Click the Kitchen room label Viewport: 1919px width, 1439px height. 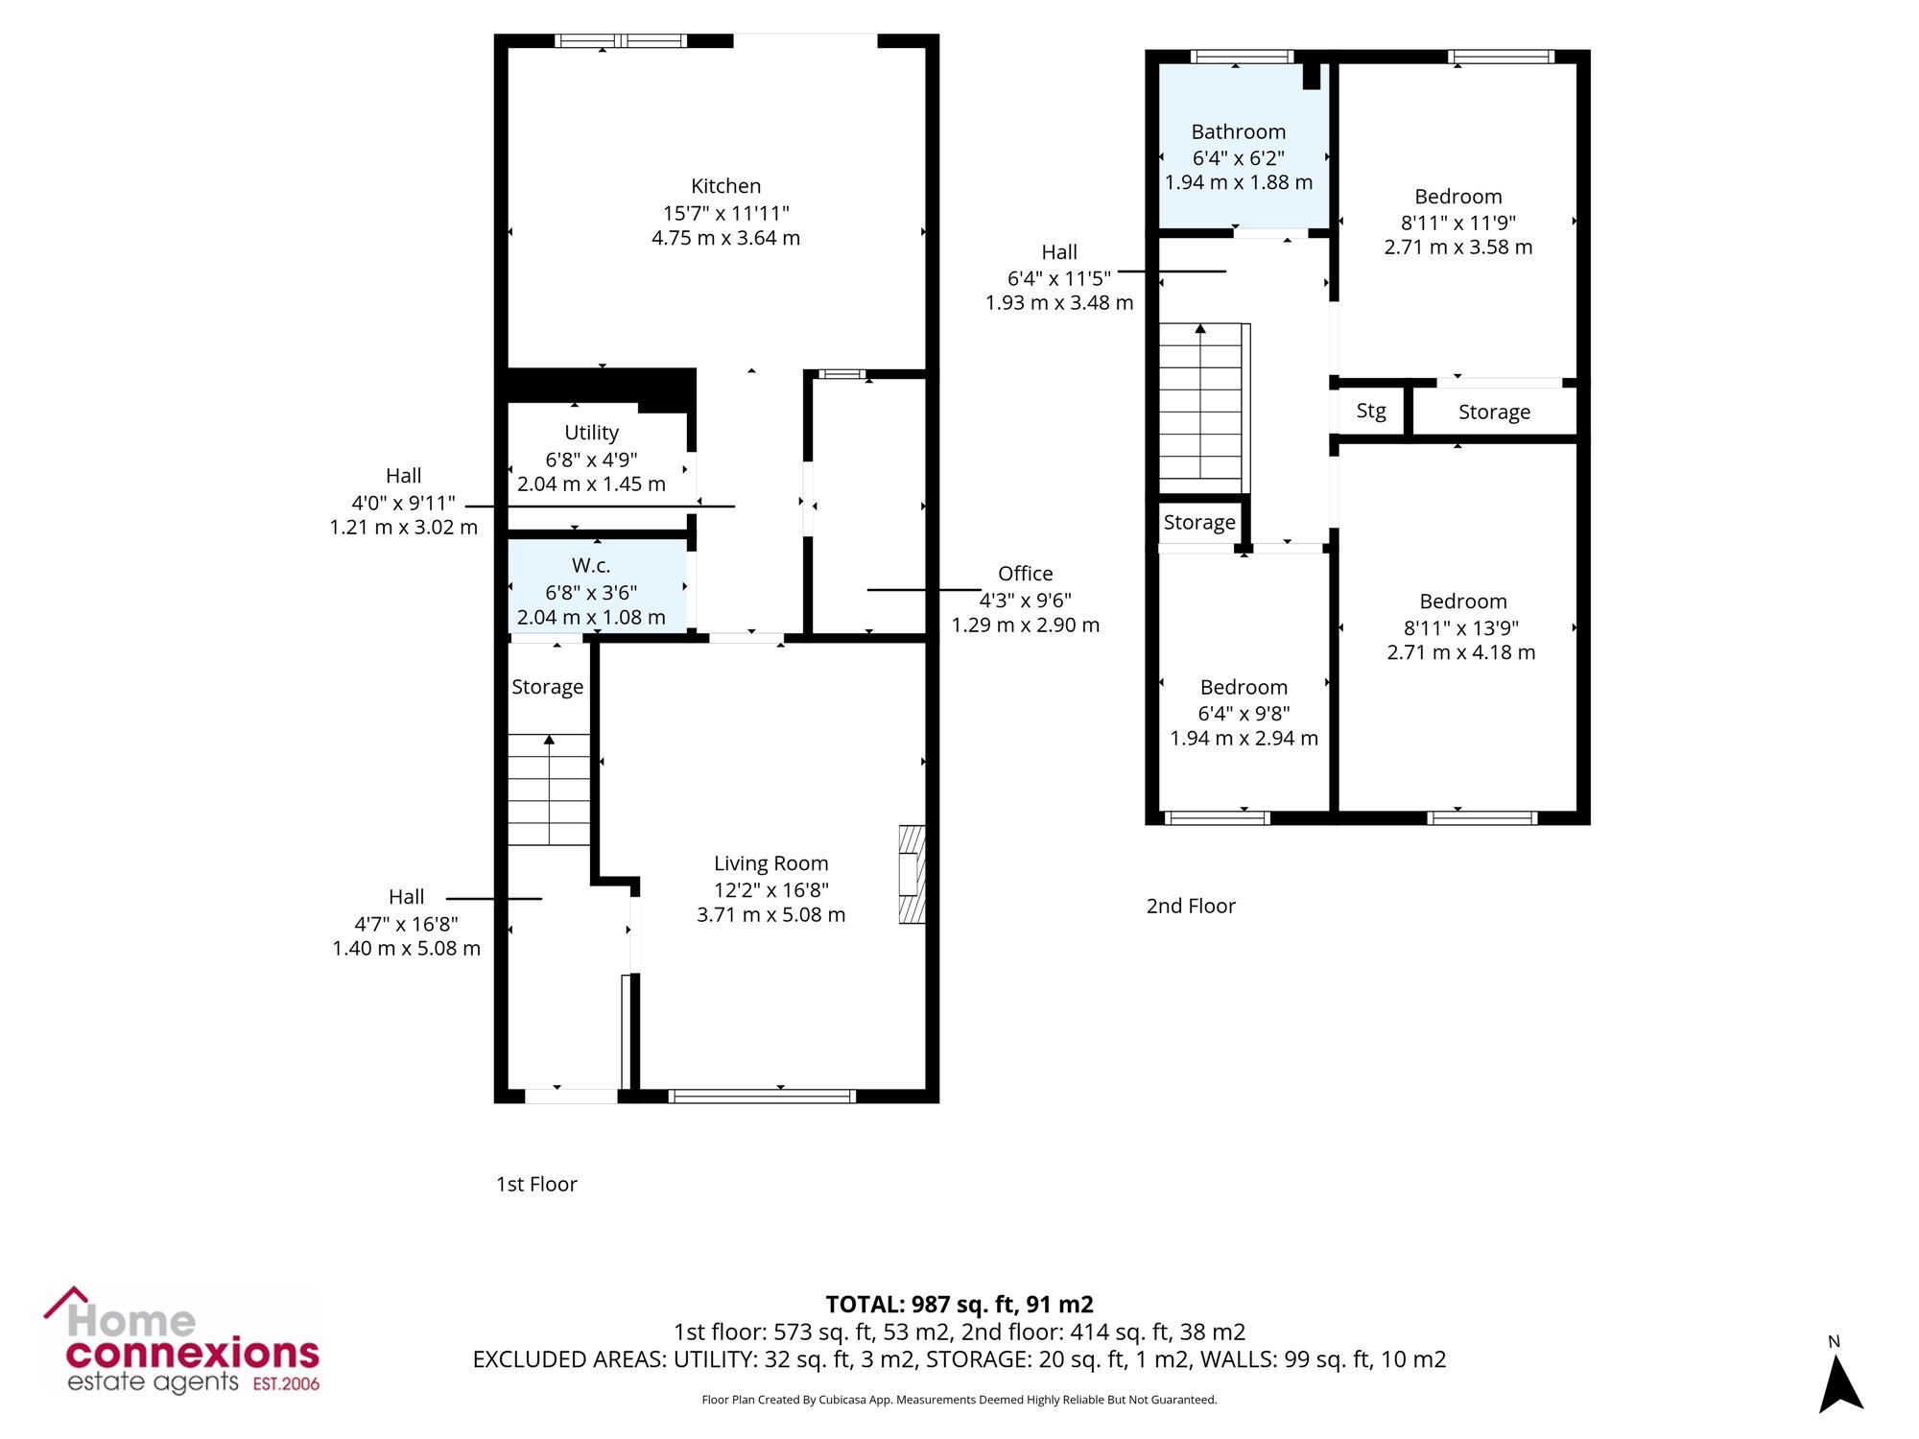(725, 186)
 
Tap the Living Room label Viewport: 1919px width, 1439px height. (770, 863)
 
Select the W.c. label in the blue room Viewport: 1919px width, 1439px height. (591, 566)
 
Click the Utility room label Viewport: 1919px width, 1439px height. (591, 433)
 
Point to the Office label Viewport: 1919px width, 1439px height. (1025, 574)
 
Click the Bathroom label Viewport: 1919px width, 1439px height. (1238, 132)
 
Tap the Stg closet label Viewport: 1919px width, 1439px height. (1371, 411)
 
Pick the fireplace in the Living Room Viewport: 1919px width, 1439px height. (912, 874)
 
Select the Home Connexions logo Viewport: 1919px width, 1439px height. (181, 1340)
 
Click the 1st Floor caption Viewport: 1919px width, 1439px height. (536, 1184)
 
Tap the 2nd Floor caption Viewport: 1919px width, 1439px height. (1191, 906)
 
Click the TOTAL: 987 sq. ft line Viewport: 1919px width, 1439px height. (959, 1305)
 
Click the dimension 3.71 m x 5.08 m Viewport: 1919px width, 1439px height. (770, 915)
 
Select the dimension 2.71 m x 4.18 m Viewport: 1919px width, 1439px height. (1461, 652)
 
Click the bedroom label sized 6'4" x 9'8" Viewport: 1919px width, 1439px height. (1244, 687)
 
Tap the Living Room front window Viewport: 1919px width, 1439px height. (762, 1096)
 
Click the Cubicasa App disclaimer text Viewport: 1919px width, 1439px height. (959, 1400)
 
